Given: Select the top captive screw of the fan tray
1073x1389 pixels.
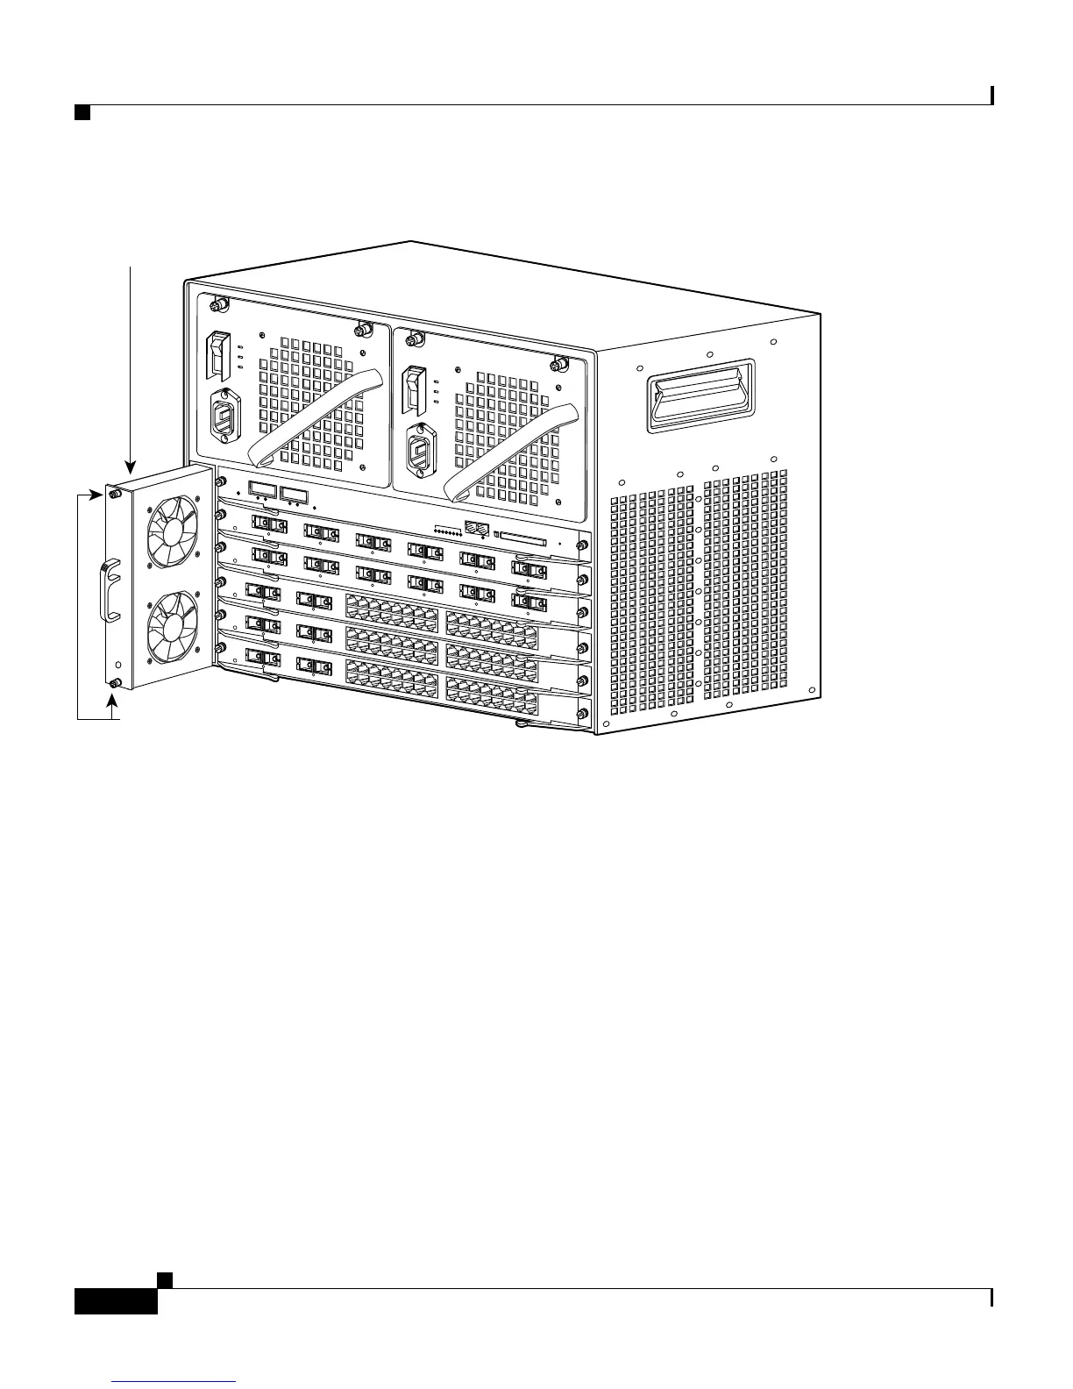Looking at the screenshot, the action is pos(115,495).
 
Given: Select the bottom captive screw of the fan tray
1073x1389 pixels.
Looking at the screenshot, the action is pos(115,683).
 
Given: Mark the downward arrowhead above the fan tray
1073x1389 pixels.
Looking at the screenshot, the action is pos(130,469).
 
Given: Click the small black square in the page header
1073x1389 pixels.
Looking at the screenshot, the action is pos(82,113).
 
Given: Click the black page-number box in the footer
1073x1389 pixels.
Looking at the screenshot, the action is pos(116,1295).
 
